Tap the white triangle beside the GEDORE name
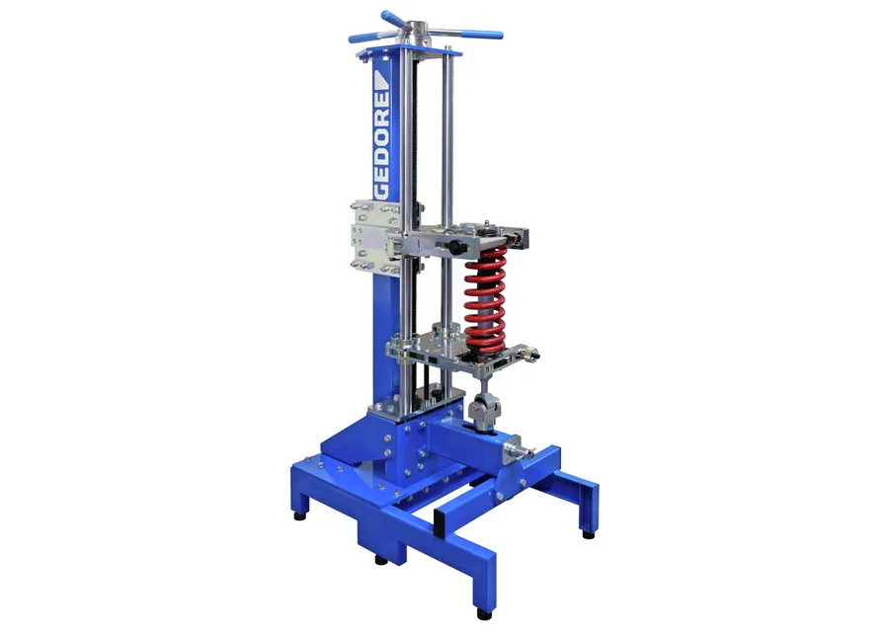(381, 80)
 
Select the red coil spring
(485, 300)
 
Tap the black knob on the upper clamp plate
(453, 247)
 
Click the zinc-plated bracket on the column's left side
(374, 236)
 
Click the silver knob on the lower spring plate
(530, 354)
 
